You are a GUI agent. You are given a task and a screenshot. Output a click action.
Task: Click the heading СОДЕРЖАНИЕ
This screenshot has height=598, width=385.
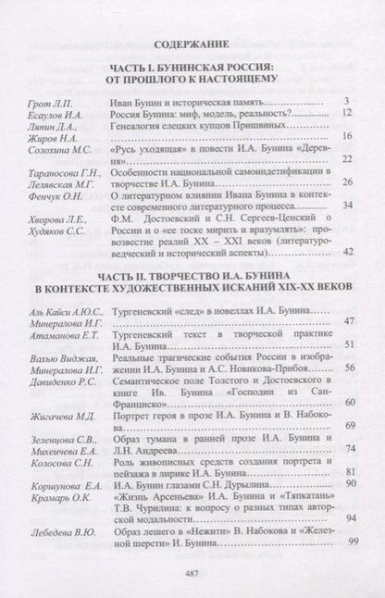coord(192,44)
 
